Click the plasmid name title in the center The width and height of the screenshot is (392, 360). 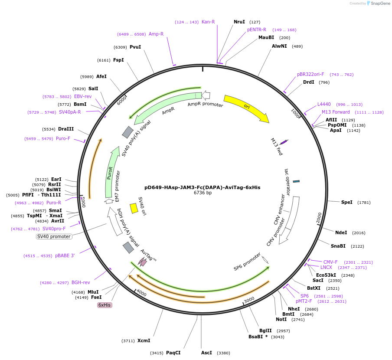tap(202, 187)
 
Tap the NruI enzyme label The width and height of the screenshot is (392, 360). tap(239, 22)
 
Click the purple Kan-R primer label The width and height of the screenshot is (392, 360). tap(208, 22)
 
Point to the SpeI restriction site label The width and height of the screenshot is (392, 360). tap(346, 202)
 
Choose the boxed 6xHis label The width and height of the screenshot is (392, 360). tap(105, 305)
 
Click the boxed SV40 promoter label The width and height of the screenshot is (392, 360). tap(54, 236)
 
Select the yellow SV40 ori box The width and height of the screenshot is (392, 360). tap(134, 209)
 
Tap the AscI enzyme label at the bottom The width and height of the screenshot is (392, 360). tap(206, 353)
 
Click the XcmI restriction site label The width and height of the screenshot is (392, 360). tap(144, 340)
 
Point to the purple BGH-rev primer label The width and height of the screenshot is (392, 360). tap(81, 282)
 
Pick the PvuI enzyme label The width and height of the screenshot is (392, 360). tap(135, 47)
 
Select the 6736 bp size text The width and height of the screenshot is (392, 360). tap(203, 193)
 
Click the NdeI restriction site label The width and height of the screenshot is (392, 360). tap(341, 232)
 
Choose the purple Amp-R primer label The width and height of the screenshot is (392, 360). tap(156, 34)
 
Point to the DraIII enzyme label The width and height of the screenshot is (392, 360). tap(66, 129)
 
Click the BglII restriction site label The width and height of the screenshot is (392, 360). tap(265, 331)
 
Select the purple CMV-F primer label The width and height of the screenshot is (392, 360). tap(330, 262)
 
